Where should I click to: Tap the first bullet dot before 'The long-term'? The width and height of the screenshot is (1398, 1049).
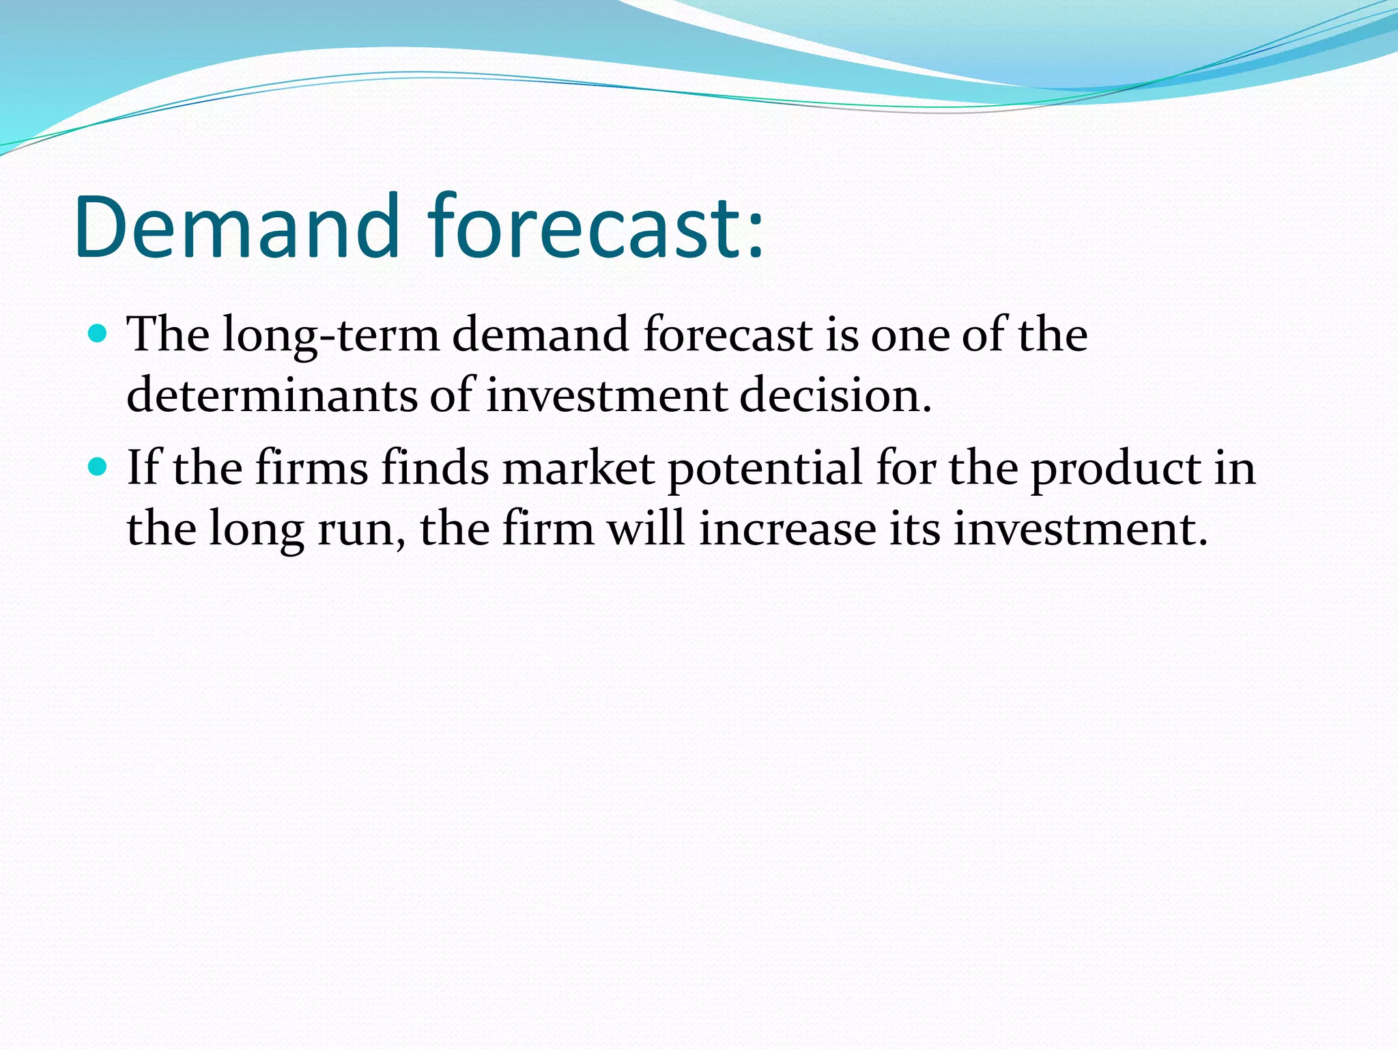click(x=98, y=333)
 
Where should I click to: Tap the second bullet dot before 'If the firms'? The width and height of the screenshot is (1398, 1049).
click(x=98, y=467)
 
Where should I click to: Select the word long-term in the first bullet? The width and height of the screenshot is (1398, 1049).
click(x=330, y=336)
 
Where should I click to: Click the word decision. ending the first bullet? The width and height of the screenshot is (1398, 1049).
click(x=836, y=396)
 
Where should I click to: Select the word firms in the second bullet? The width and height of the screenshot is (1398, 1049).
click(x=311, y=468)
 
